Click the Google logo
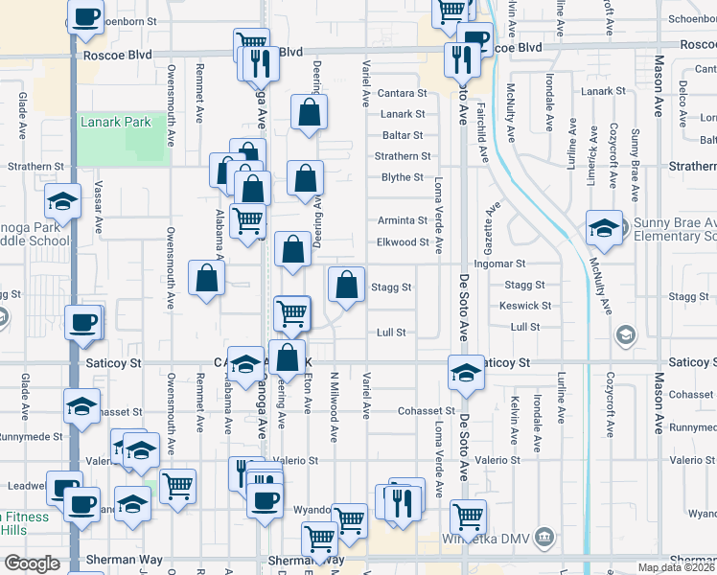click(32, 563)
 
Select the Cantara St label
click(402, 93)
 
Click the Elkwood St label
click(402, 242)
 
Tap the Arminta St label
click(402, 219)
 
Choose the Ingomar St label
click(500, 264)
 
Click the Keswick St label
click(525, 306)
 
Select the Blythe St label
click(402, 177)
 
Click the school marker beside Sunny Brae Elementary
click(603, 229)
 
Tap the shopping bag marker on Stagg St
click(347, 285)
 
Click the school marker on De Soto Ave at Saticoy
click(466, 373)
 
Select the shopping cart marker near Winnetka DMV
click(469, 517)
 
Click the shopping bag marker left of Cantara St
click(310, 112)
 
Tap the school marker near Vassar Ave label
click(62, 202)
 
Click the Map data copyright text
click(677, 567)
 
